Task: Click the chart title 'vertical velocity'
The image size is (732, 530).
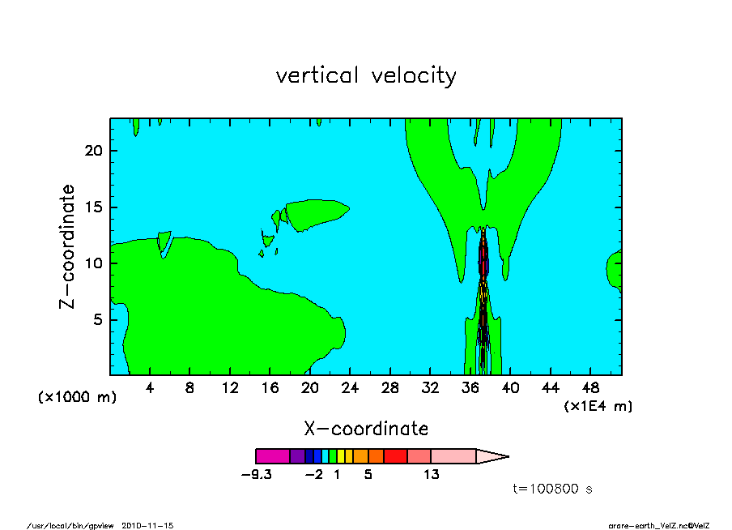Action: click(366, 76)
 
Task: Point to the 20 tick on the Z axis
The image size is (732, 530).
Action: click(93, 151)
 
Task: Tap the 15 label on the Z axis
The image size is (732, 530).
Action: click(94, 207)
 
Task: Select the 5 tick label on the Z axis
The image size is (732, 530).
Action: click(97, 319)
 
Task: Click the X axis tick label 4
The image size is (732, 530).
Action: click(149, 388)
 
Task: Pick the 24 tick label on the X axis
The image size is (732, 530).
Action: click(350, 388)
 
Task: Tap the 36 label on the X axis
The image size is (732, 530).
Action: click(470, 388)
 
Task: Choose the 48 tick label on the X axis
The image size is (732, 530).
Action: click(590, 388)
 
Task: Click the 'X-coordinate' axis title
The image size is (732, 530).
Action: click(366, 429)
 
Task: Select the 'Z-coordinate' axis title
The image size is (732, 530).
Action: click(66, 246)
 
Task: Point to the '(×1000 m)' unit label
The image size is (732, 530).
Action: click(77, 397)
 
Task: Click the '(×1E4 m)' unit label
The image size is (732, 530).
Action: click(598, 406)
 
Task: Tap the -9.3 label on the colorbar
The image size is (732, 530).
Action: click(257, 475)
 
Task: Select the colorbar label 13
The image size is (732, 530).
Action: click(432, 475)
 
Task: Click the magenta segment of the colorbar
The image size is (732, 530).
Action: click(273, 456)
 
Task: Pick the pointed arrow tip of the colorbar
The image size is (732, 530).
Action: click(508, 456)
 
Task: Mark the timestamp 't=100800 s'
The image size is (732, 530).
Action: click(553, 489)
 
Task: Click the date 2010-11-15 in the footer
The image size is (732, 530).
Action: click(147, 526)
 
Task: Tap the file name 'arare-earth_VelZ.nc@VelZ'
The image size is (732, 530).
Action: click(658, 526)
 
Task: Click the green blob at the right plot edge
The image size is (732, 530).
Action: click(615, 270)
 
